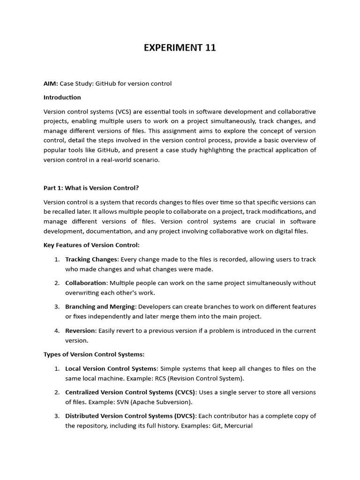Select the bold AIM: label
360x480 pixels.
[51, 83]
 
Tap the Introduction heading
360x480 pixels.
[62, 97]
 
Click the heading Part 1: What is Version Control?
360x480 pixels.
[91, 188]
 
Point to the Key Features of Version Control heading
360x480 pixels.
[91, 245]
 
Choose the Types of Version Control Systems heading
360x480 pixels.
[94, 354]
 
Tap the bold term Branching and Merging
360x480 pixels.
[100, 307]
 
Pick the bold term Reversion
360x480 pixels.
[80, 330]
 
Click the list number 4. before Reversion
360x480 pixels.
[57, 330]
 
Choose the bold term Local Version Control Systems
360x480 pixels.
[110, 368]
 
